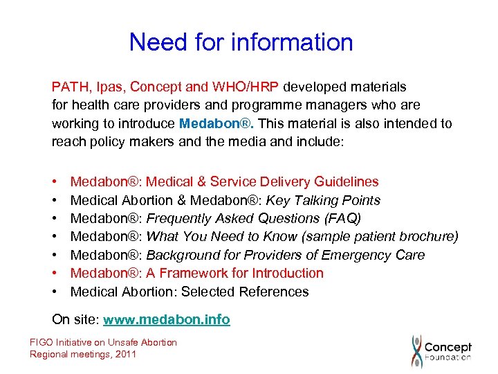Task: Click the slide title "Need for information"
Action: (241, 43)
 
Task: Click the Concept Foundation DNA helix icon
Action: (416, 351)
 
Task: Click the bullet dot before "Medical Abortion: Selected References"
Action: (55, 292)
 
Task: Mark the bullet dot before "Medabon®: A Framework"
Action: (55, 274)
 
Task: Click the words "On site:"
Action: (75, 320)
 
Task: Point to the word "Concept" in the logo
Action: (448, 347)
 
